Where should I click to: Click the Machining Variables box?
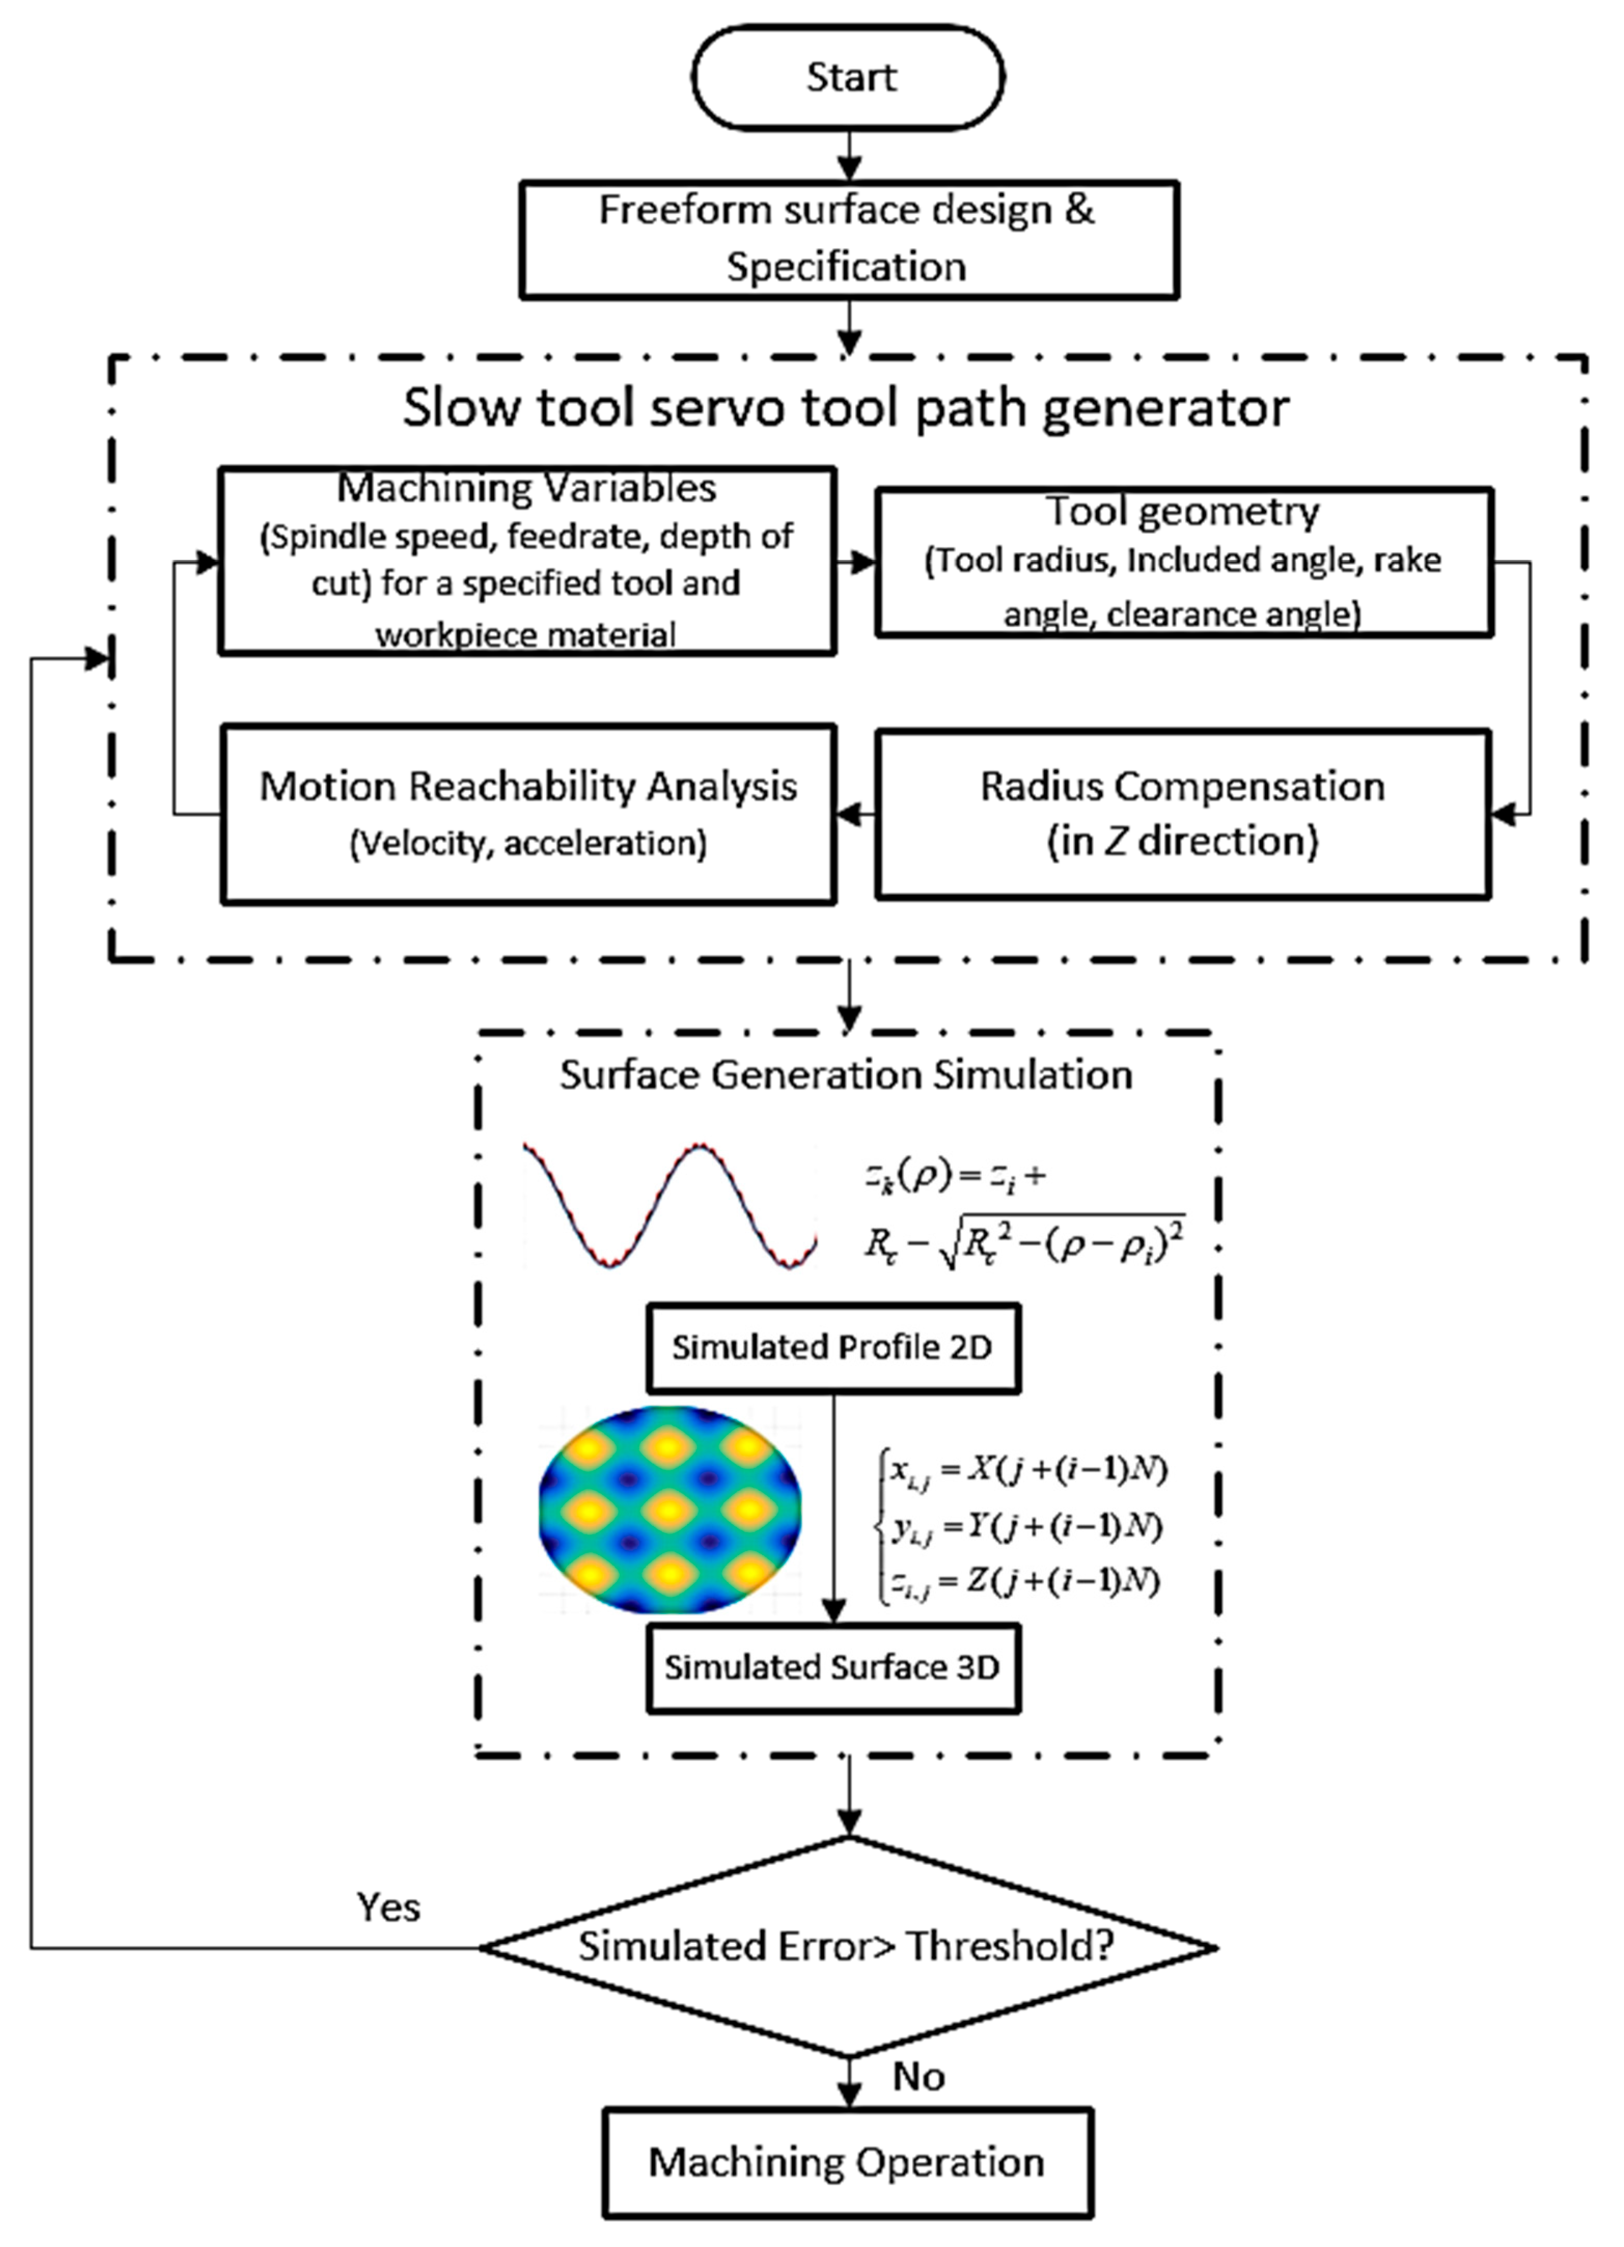tap(527, 561)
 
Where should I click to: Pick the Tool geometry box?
tap(1183, 561)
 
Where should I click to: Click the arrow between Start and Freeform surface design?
tap(849, 156)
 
